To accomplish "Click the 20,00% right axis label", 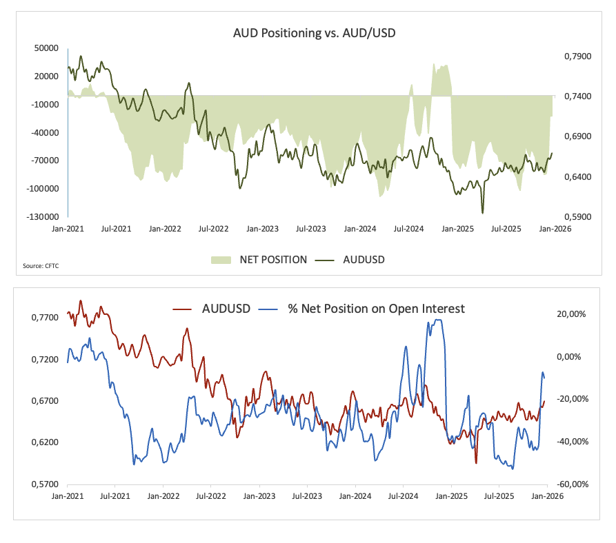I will [570, 314].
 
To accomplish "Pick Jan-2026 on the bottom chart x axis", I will [546, 495].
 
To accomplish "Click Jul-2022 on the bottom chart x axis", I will [212, 495].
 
